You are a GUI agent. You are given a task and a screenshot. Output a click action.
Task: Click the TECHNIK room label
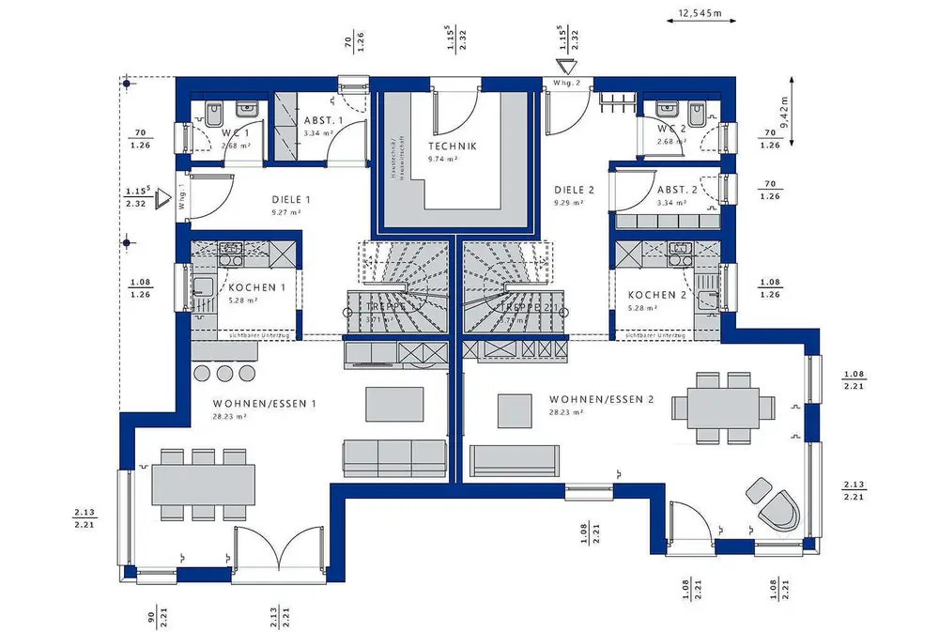point(453,146)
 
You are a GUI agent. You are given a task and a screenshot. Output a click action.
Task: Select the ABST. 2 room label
point(676,190)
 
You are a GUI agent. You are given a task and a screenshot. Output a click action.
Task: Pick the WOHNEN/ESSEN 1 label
point(265,404)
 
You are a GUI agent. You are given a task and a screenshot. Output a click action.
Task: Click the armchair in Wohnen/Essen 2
point(779,511)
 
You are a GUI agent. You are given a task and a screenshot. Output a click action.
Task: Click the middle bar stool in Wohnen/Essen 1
point(224,373)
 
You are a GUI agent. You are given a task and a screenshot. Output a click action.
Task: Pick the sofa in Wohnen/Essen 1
point(393,457)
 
